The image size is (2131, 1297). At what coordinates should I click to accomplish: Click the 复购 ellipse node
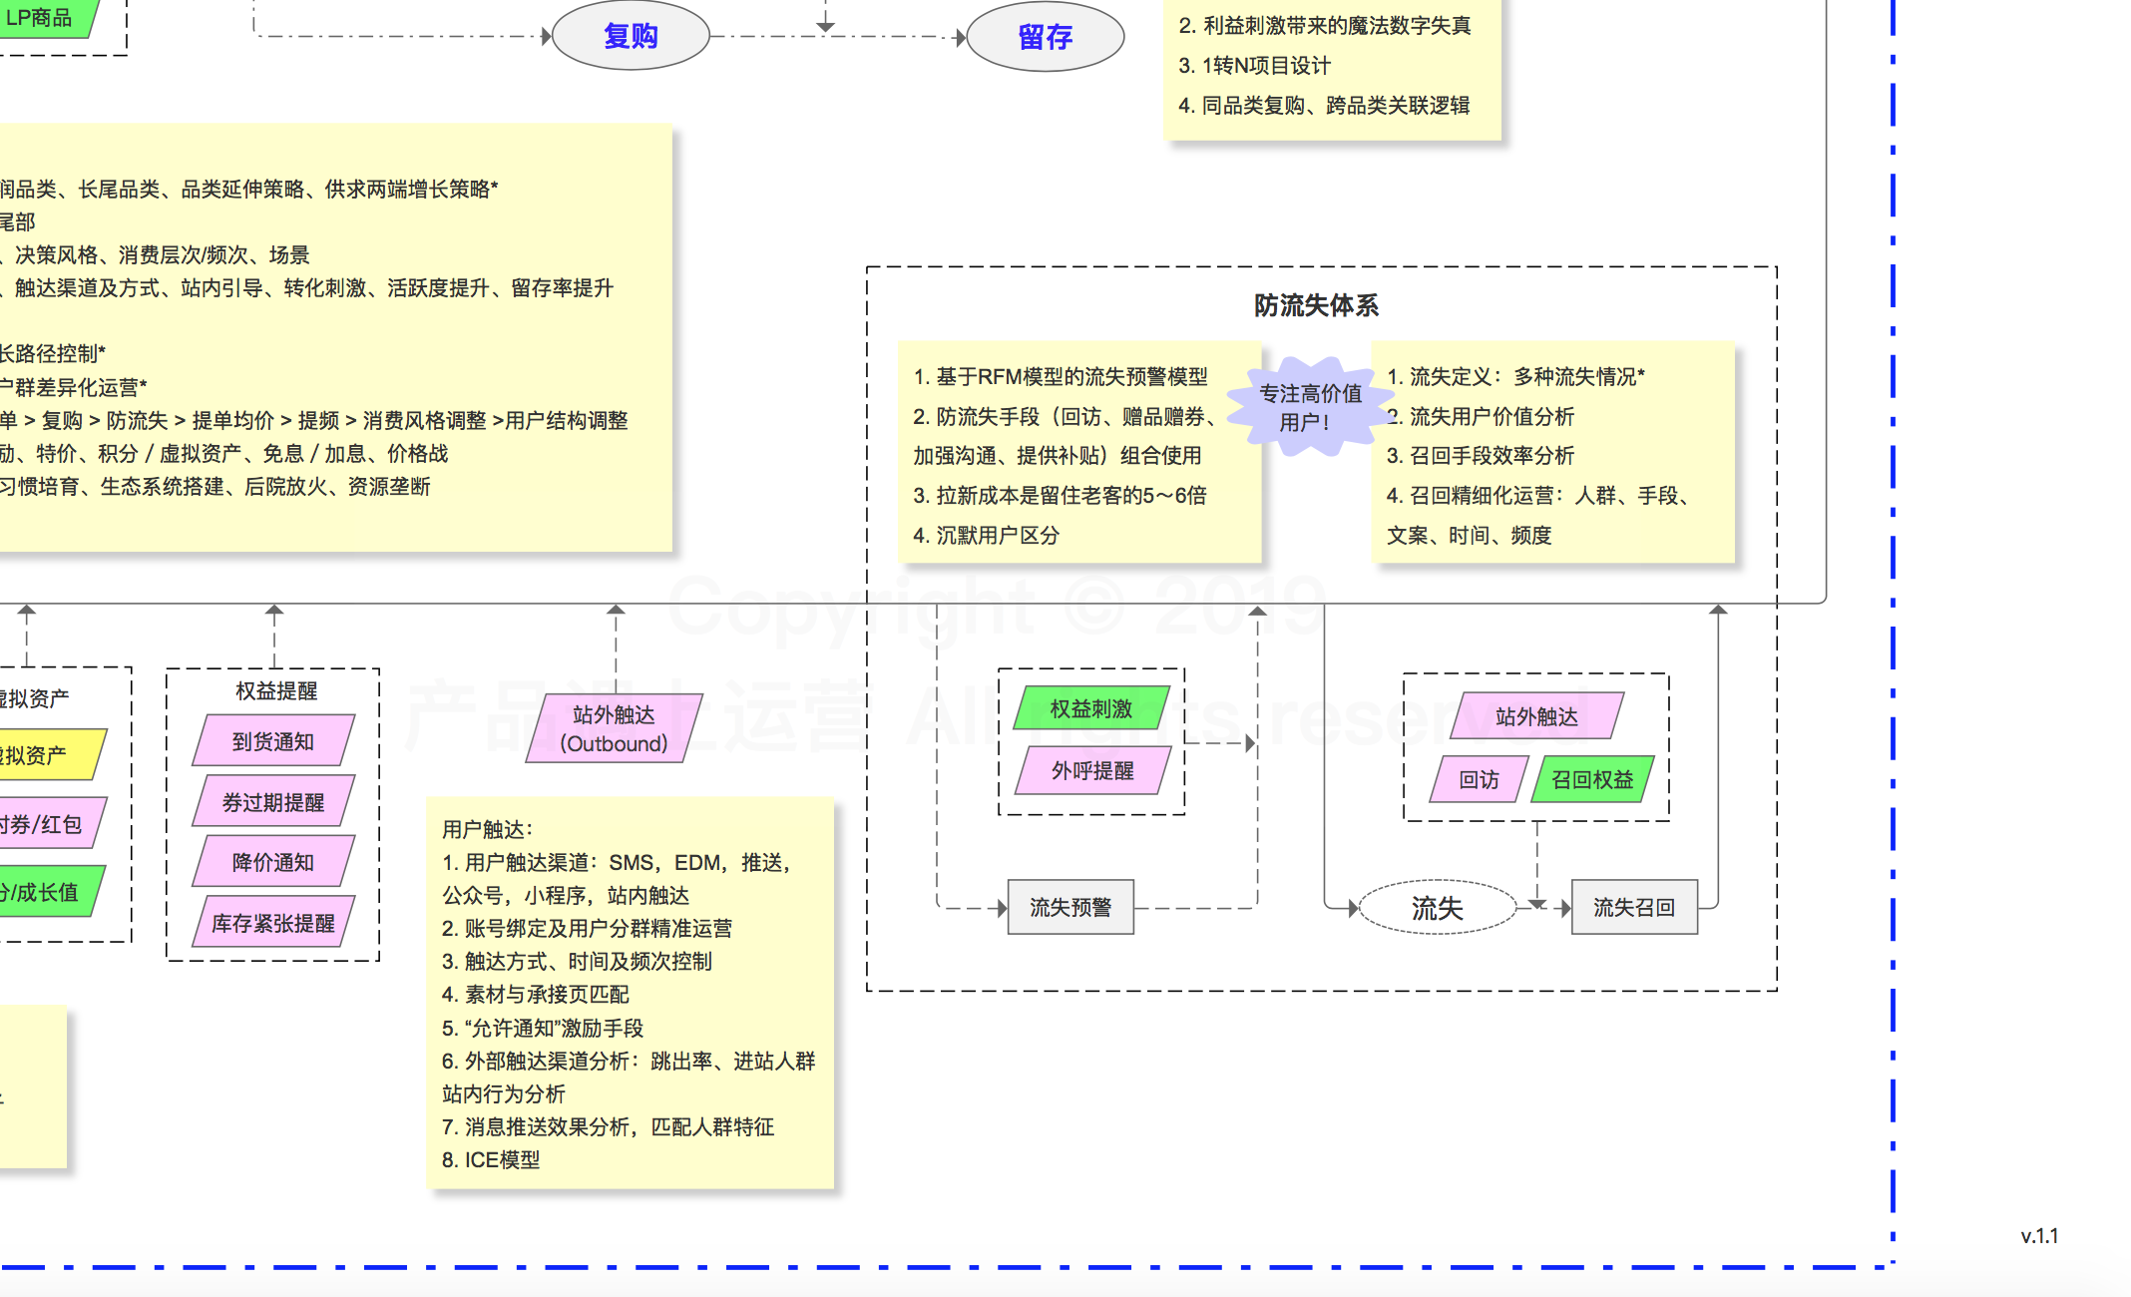[x=631, y=36]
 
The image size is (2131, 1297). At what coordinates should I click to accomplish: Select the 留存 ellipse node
[x=1045, y=37]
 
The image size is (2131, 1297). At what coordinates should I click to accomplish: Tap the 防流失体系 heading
[x=1316, y=305]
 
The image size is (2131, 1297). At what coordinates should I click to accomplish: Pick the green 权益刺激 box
[x=1091, y=708]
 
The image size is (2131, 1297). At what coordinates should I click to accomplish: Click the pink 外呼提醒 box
[x=1092, y=770]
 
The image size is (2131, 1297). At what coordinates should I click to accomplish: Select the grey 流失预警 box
[x=1070, y=907]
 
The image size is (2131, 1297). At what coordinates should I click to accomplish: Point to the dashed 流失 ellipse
[x=1437, y=908]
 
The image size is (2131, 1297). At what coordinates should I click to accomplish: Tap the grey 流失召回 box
[x=1633, y=907]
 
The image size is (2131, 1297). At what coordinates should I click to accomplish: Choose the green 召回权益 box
[x=1592, y=779]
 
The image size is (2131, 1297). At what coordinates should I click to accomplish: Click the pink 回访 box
[x=1479, y=779]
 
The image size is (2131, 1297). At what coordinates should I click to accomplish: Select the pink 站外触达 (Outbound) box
[x=614, y=729]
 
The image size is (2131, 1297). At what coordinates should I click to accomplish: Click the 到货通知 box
[x=272, y=741]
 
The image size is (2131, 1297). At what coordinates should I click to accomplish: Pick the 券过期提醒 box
[x=272, y=802]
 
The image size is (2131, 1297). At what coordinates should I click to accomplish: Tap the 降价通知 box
[x=272, y=862]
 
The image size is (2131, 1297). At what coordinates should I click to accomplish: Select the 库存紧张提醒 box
[x=272, y=923]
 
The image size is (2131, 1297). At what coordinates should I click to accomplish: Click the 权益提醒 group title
[x=276, y=690]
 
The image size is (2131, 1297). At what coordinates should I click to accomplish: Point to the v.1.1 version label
[x=2039, y=1236]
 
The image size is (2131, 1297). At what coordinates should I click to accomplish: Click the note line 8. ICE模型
[x=491, y=1159]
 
